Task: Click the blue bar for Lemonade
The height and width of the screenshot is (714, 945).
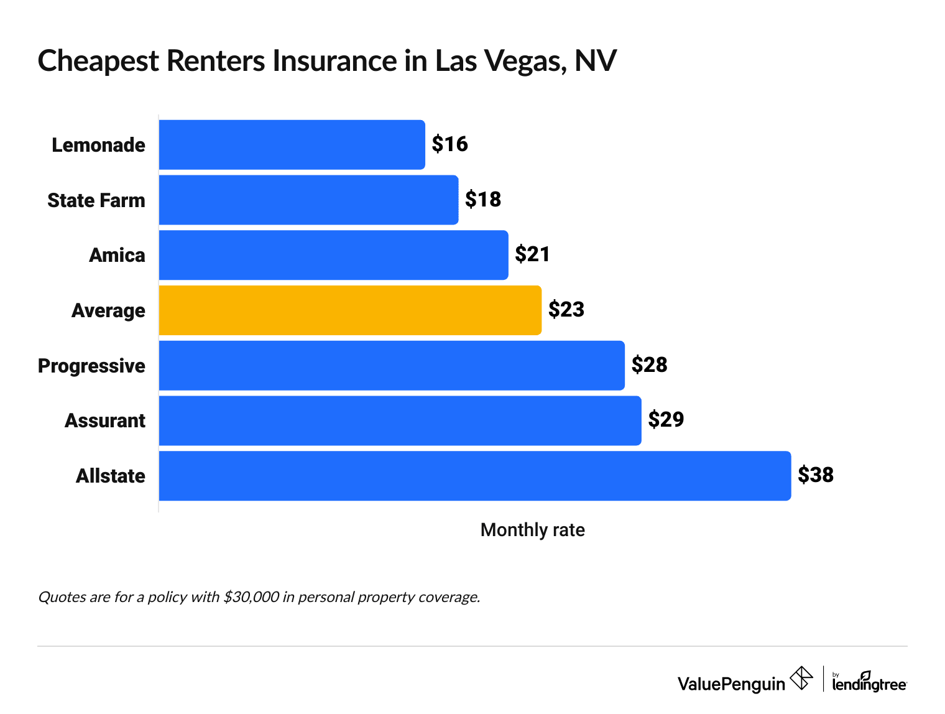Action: pyautogui.click(x=292, y=144)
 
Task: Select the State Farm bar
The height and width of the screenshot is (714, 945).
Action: pyautogui.click(x=308, y=200)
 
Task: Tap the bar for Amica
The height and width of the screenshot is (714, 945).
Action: pyautogui.click(x=333, y=255)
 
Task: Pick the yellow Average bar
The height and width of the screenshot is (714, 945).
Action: pyautogui.click(x=350, y=310)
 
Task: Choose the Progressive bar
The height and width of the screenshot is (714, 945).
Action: pyautogui.click(x=392, y=366)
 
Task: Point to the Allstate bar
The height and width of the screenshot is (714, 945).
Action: pyautogui.click(x=475, y=476)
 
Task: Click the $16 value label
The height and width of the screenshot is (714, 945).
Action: pyautogui.click(x=449, y=144)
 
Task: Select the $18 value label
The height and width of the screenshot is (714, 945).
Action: pyautogui.click(x=483, y=200)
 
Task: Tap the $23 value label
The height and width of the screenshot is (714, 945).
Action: pyautogui.click(x=566, y=310)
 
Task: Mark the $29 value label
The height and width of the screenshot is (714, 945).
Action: pyautogui.click(x=666, y=420)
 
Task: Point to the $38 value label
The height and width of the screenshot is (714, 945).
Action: pyautogui.click(x=816, y=475)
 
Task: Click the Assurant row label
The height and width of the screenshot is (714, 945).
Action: pyautogui.click(x=105, y=421)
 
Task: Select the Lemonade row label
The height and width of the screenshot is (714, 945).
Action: pyautogui.click(x=98, y=145)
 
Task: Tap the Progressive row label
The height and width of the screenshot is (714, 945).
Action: pyautogui.click(x=91, y=366)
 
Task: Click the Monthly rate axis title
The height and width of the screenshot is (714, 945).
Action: pyautogui.click(x=533, y=530)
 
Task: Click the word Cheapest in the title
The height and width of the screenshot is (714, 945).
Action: pyautogui.click(x=98, y=62)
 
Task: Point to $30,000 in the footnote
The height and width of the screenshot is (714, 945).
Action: pyautogui.click(x=251, y=597)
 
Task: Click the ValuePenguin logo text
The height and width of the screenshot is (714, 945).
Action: pyautogui.click(x=731, y=684)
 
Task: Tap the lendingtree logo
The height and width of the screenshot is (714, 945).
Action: pyautogui.click(x=869, y=682)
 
